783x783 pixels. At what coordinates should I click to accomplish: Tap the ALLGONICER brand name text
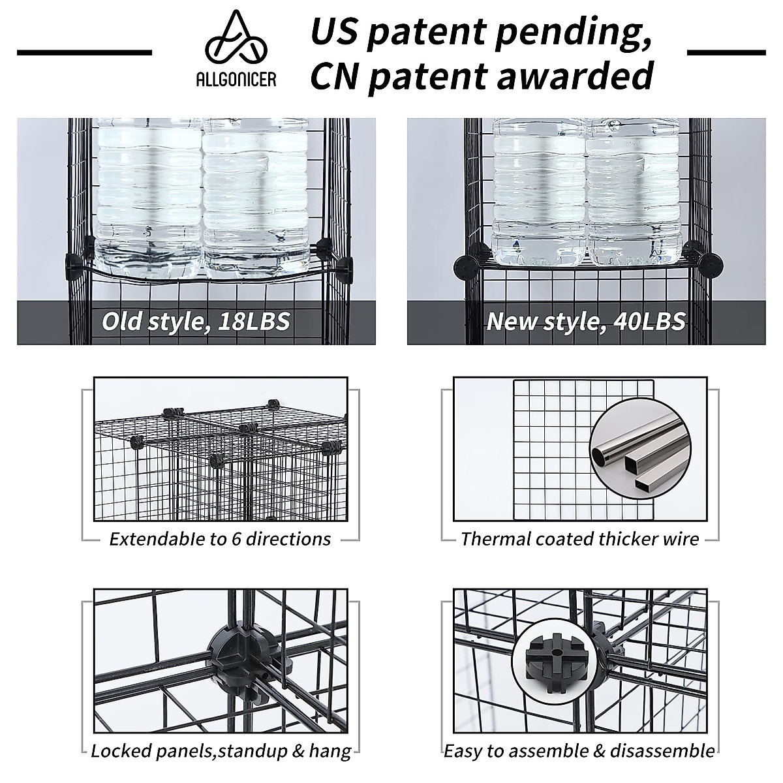pyautogui.click(x=236, y=80)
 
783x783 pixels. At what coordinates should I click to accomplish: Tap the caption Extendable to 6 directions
pyautogui.click(x=220, y=539)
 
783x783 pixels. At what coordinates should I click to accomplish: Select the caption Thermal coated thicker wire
pyautogui.click(x=579, y=539)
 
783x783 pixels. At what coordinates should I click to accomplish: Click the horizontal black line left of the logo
pyautogui.click(x=84, y=52)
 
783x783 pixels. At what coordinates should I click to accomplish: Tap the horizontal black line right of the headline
pyautogui.click(x=726, y=52)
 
